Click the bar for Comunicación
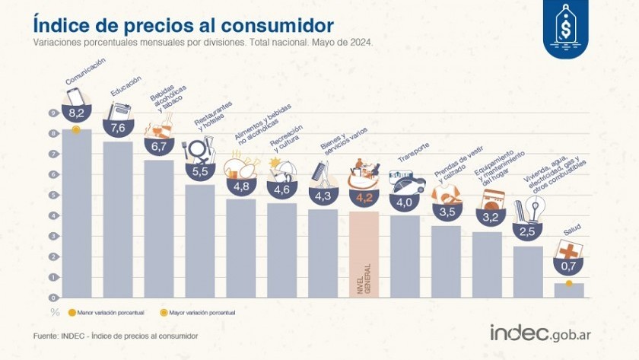pos(77,213)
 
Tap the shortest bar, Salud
pos(569,290)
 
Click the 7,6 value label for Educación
pos(118,128)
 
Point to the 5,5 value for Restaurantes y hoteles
pos(200,172)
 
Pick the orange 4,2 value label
pos(364,199)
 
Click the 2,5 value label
pos(528,231)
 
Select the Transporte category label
pos(414,153)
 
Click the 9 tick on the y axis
pos(54,113)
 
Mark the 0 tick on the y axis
pos(54,298)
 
